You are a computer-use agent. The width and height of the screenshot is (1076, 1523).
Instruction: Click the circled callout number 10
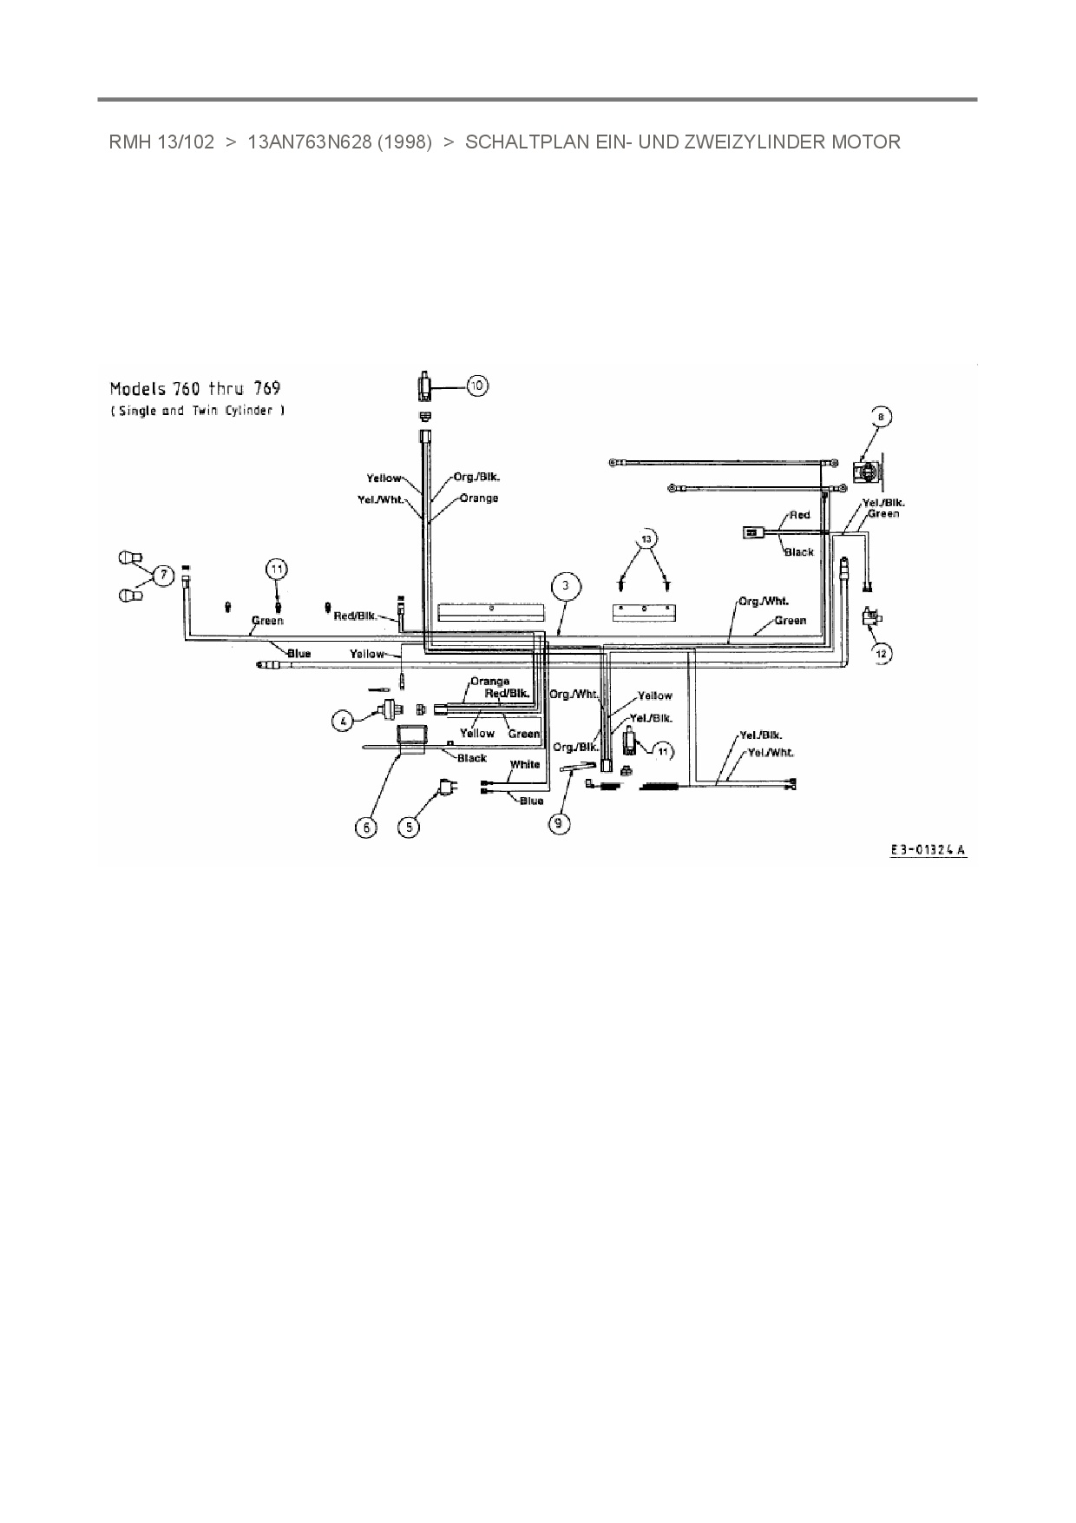point(476,385)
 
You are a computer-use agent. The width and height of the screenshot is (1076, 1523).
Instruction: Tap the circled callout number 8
point(880,418)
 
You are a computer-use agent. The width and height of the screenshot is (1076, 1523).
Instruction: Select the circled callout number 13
point(645,538)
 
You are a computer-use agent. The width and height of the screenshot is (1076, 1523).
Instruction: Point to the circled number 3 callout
point(565,586)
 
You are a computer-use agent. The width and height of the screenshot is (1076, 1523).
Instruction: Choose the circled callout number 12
point(882,652)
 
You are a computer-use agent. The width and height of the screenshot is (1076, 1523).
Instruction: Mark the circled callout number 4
point(344,720)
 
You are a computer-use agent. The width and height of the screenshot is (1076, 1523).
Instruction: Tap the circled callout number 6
point(366,827)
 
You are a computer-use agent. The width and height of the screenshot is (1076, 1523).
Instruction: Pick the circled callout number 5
point(408,827)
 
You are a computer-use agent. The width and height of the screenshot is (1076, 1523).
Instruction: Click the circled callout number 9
point(561,821)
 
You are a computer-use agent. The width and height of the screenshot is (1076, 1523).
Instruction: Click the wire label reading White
point(525,764)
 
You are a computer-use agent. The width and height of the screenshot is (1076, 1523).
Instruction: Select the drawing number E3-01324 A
point(928,851)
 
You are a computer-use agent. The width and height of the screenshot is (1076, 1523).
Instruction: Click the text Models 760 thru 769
point(195,388)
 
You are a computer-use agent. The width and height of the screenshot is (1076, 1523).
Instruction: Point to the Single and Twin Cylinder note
point(197,411)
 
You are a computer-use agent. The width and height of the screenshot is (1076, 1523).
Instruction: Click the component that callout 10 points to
point(425,385)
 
